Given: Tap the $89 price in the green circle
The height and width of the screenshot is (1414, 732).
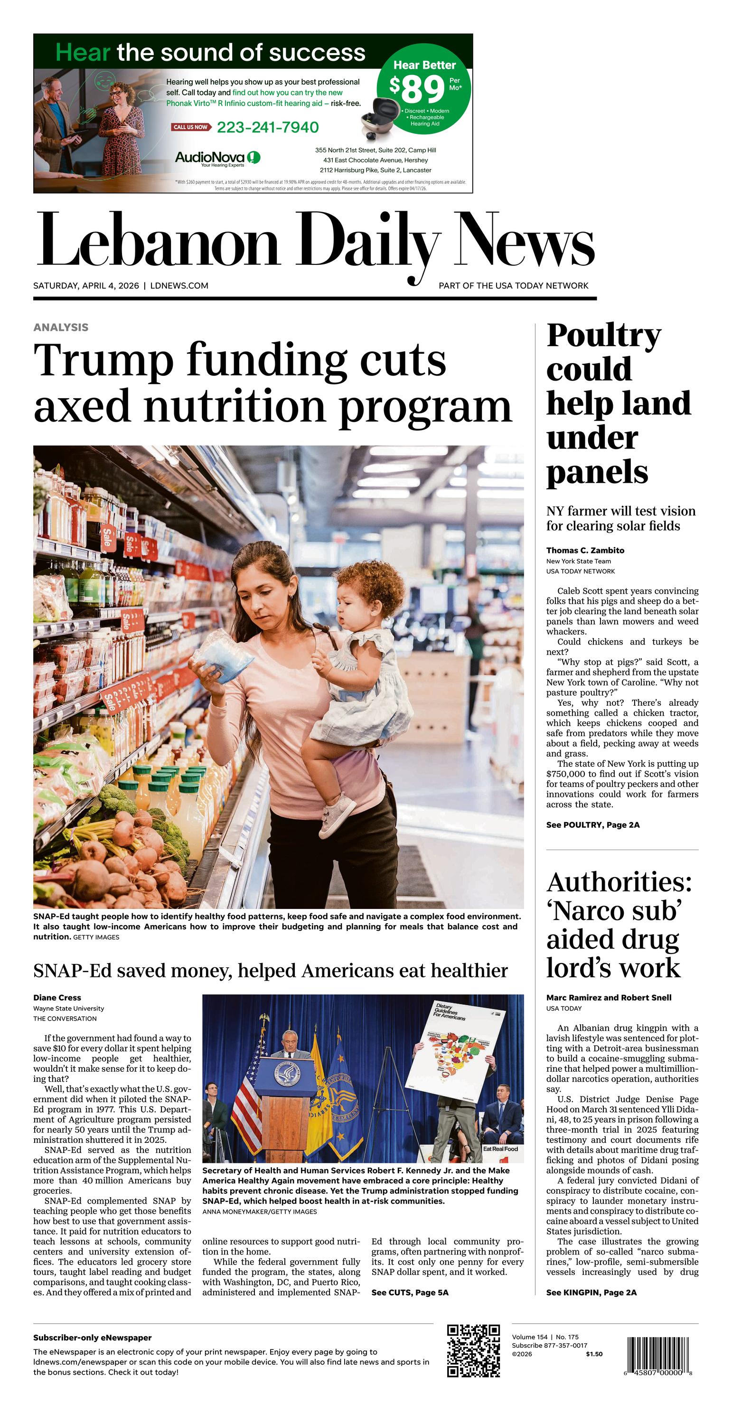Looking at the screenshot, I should coord(417,90).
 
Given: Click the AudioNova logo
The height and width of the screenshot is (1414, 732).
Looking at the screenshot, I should coord(217,158).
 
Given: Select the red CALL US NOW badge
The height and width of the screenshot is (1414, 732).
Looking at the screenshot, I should coord(190,127).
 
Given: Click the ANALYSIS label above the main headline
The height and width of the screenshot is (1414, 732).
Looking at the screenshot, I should coord(61,327).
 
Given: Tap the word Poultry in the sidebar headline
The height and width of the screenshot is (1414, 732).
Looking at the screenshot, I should coord(603,336).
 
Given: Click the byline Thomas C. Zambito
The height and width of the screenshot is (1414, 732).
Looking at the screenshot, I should coord(585,550).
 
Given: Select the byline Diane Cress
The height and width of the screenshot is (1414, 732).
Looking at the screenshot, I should coord(57,997).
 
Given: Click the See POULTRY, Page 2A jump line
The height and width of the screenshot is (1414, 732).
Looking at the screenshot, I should coord(592,824).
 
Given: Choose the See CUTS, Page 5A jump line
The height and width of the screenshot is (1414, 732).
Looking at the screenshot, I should coord(410,1292).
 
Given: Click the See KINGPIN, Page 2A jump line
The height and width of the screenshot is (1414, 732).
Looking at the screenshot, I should coord(591,1292).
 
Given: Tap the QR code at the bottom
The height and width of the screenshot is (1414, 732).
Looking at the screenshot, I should coord(473,1351).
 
